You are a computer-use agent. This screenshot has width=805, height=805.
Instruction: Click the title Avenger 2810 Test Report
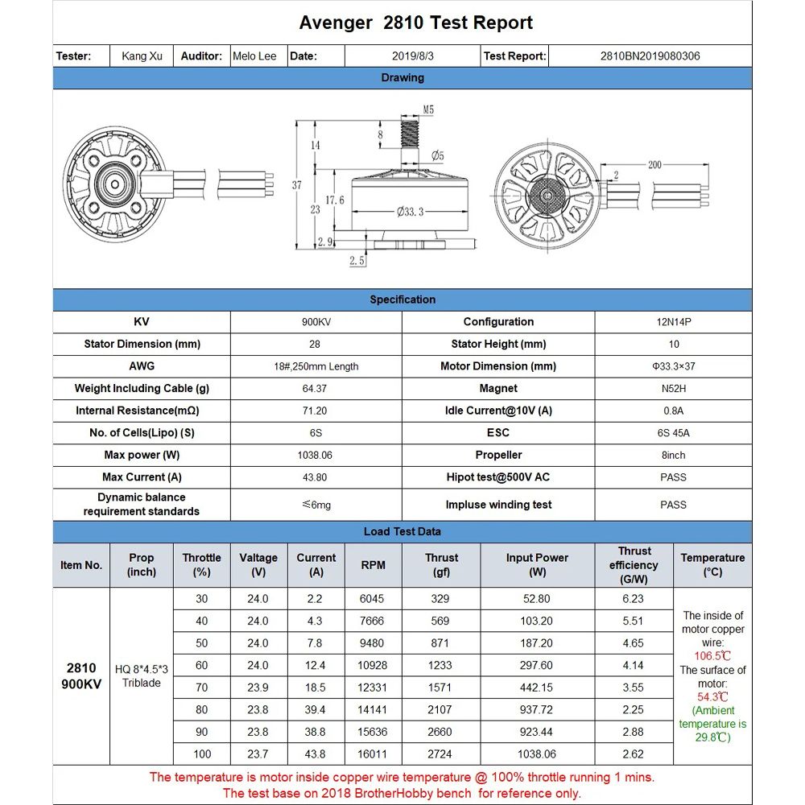[x=415, y=23]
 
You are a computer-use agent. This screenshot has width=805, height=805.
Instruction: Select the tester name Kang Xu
[x=142, y=56]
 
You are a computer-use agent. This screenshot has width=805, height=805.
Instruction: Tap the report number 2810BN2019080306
[x=650, y=56]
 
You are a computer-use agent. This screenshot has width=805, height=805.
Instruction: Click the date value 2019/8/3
[x=412, y=56]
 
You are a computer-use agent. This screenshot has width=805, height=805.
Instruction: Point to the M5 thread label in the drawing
[x=428, y=109]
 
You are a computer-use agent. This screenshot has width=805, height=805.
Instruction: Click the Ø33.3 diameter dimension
[x=411, y=212]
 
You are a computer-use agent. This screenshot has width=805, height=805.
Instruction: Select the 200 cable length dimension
[x=654, y=165]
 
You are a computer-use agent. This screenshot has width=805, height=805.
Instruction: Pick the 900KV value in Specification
[x=316, y=322]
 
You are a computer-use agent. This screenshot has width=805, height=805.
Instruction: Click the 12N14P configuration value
[x=673, y=322]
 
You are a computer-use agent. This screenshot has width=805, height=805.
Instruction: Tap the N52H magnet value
[x=673, y=389]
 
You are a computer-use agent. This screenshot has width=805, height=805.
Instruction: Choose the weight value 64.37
[x=316, y=389]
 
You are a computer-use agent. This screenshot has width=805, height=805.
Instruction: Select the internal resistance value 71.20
[x=316, y=411]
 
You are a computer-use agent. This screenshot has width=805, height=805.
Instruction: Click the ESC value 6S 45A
[x=673, y=433]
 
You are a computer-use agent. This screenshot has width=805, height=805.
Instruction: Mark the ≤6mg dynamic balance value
[x=316, y=505]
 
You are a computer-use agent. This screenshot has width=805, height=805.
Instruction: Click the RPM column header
[x=373, y=565]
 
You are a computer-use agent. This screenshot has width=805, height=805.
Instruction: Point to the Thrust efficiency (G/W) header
[x=634, y=565]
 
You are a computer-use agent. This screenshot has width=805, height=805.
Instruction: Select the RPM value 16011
[x=373, y=754]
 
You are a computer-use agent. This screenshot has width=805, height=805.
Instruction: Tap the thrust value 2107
[x=441, y=710]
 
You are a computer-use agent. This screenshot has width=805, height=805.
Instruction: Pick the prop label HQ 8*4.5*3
[x=142, y=669]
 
